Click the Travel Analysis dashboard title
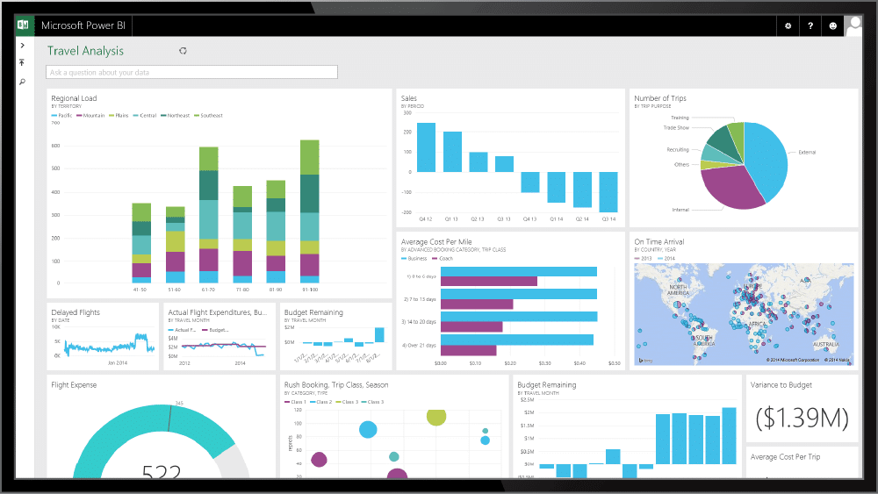(x=85, y=51)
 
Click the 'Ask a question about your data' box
(x=192, y=73)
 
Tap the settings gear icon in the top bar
(x=788, y=26)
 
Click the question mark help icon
(x=810, y=26)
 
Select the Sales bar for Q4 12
(x=426, y=147)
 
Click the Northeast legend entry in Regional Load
(x=178, y=116)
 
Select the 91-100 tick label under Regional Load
(x=309, y=288)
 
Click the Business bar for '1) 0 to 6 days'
(x=518, y=271)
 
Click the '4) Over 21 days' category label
(x=419, y=345)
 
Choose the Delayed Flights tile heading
(x=76, y=312)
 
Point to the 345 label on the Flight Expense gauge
(x=178, y=404)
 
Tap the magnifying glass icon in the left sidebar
(x=22, y=82)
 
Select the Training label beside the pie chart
(x=680, y=117)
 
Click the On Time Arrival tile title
(x=658, y=241)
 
